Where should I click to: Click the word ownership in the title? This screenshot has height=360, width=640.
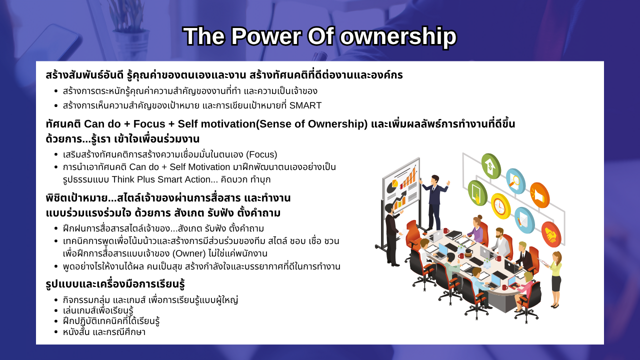398,36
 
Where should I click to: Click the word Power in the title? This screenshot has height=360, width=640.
265,36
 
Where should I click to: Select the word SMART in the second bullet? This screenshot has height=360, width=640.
305,105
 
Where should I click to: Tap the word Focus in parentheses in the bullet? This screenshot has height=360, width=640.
261,154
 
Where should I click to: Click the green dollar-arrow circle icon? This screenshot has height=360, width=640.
491,166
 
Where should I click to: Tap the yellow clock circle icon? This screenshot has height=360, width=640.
500,206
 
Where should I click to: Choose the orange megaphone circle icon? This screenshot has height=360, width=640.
539,195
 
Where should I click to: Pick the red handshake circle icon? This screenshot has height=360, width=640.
551,234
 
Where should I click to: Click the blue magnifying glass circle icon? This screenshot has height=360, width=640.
515,181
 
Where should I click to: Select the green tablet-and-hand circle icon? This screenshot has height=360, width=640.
477,193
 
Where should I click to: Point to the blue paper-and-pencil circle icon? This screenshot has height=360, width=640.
524,220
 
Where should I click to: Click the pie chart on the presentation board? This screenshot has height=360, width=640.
392,185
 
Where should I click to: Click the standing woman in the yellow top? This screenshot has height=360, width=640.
554,279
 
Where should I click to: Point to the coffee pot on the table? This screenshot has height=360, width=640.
468,253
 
